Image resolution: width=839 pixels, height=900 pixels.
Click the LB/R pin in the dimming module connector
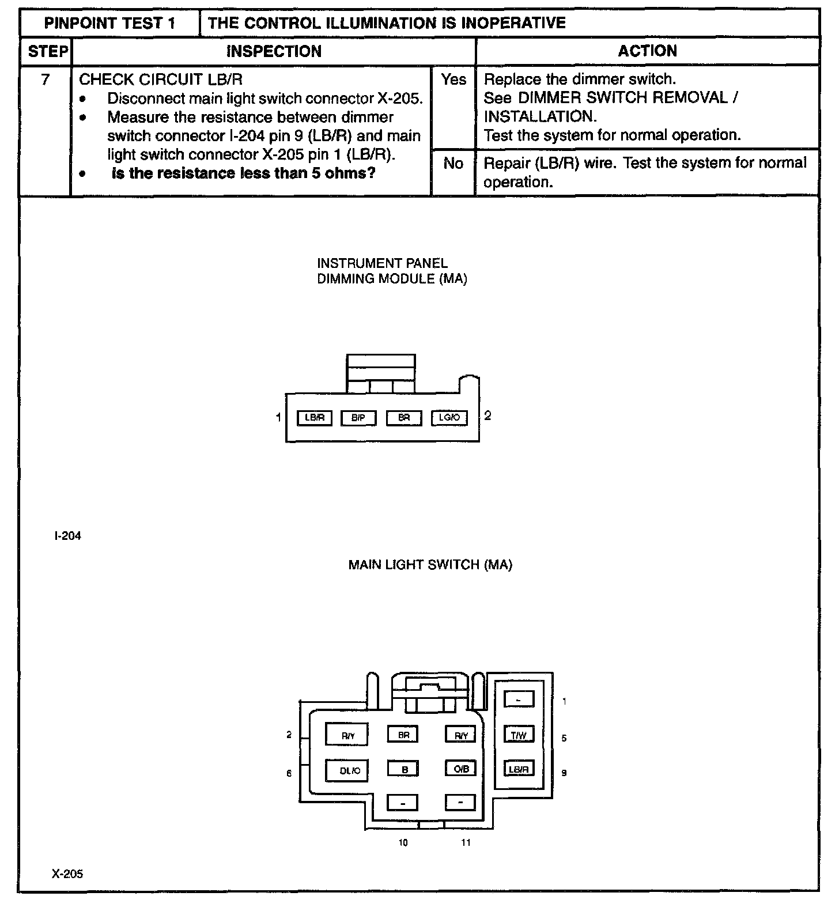[314, 418]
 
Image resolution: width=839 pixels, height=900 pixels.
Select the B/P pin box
[358, 418]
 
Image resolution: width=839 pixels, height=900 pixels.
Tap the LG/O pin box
[449, 418]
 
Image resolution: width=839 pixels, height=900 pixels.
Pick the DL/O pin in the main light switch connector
[347, 770]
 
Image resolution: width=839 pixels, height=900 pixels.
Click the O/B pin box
[460, 768]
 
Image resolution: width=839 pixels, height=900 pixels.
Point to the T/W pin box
[519, 735]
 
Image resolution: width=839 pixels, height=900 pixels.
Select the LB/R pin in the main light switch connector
[519, 769]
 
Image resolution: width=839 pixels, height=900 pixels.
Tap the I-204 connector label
[67, 536]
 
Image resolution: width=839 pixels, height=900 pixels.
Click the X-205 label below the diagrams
[67, 874]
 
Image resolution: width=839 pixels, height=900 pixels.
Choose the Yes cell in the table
[453, 80]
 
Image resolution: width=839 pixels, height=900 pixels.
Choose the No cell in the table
[453, 164]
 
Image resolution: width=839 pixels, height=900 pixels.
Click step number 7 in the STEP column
[45, 80]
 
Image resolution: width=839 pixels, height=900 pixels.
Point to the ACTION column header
[647, 51]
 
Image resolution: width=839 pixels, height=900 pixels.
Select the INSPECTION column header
[274, 51]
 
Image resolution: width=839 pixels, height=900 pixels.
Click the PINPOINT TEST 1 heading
[109, 23]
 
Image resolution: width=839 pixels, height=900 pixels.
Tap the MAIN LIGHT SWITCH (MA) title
[430, 565]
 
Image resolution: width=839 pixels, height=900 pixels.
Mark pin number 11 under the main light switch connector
[466, 843]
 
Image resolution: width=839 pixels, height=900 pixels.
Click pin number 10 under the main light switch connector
[403, 843]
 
